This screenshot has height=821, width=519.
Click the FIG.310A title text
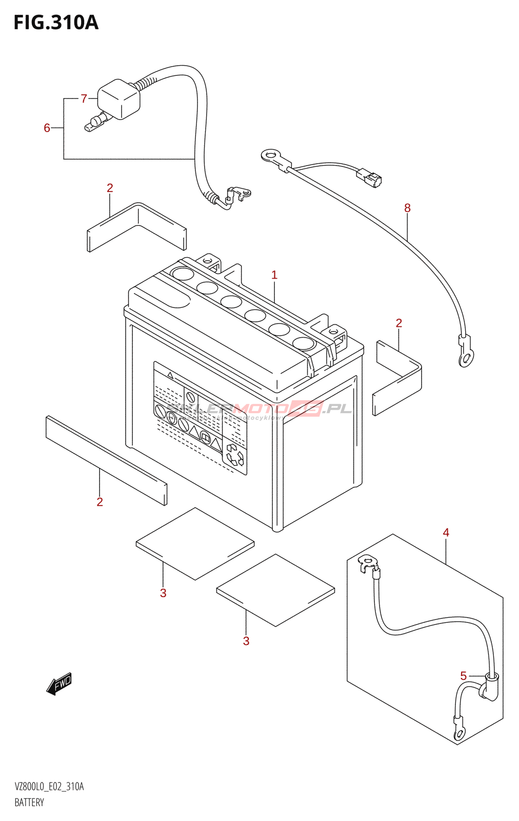click(56, 23)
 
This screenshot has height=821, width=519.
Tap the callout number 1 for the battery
click(274, 275)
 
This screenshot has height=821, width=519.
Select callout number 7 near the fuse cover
click(84, 99)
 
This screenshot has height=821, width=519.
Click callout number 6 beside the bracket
click(47, 128)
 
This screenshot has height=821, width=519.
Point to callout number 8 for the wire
click(407, 208)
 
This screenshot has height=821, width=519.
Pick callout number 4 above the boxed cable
click(446, 533)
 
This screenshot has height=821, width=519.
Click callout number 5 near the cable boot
click(464, 676)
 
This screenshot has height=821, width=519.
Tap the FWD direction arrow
click(59, 684)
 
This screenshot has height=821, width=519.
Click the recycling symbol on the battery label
click(235, 455)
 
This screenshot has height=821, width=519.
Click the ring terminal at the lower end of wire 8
click(466, 358)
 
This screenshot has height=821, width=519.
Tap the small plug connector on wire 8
click(370, 178)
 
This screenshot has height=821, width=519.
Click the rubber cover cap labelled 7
click(119, 99)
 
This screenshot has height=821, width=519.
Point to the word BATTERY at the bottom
click(29, 803)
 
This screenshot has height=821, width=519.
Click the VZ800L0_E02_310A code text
click(49, 787)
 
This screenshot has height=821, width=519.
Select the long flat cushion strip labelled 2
click(106, 460)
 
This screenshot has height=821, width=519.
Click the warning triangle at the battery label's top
click(171, 376)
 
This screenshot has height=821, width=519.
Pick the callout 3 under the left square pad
click(163, 593)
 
